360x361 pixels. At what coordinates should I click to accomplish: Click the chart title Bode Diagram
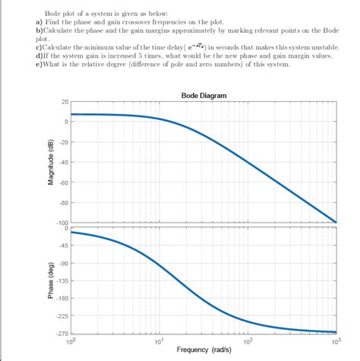pyautogui.click(x=204, y=95)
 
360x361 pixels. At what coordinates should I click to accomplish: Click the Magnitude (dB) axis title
pyautogui.click(x=49, y=163)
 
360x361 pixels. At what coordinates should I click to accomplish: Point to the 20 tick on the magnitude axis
pyautogui.click(x=64, y=102)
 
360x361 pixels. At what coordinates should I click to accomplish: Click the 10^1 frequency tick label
pyautogui.click(x=159, y=341)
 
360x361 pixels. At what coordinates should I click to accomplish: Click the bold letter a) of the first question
pyautogui.click(x=39, y=22)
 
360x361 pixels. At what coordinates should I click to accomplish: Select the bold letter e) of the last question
pyautogui.click(x=39, y=64)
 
